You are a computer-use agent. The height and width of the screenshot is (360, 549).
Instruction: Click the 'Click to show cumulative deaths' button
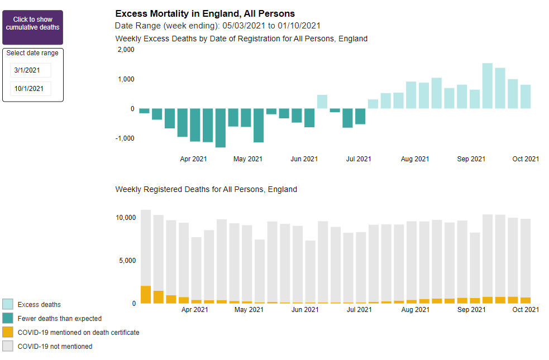32,27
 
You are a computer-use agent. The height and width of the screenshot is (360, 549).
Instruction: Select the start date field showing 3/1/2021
31,70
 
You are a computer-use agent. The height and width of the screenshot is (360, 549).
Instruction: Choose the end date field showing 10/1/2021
31,89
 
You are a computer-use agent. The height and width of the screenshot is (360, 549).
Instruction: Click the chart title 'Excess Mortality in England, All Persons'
204,13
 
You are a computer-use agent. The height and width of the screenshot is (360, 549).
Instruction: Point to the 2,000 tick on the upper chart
126,50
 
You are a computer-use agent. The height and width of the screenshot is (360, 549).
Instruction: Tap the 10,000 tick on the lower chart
126,217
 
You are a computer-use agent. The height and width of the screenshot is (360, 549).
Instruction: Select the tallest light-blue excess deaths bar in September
487,86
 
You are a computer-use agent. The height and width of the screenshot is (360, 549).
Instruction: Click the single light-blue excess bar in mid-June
322,102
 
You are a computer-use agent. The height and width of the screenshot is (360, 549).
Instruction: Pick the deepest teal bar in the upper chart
220,128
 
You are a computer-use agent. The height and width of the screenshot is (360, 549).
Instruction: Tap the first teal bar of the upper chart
144,111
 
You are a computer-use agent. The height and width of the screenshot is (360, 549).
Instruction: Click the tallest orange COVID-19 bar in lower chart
146,295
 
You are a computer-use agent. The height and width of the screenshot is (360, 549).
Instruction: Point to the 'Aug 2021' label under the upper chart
415,159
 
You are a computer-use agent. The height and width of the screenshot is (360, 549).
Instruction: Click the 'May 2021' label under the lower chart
248,309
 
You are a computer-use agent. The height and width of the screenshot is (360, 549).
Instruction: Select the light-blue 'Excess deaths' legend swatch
8,304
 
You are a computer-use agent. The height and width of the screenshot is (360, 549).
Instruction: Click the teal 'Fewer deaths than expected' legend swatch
8,318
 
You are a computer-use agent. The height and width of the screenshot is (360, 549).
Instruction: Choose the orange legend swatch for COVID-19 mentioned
8,332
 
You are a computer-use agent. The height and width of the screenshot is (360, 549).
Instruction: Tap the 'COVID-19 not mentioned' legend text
55,347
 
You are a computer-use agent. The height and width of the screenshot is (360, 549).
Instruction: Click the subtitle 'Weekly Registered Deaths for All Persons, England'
206,189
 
